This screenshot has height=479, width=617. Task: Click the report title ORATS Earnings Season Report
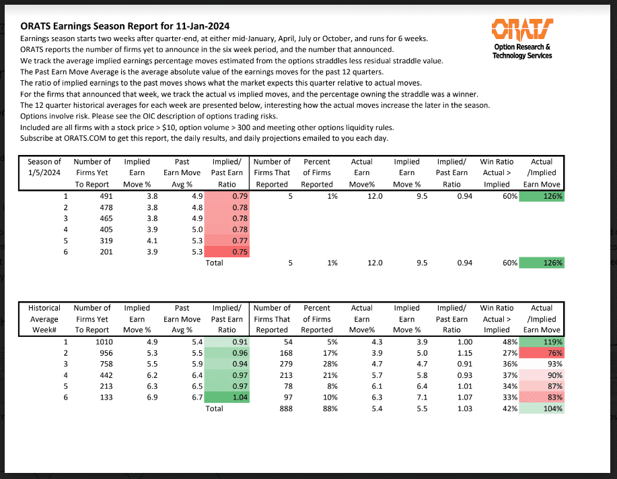tap(125, 26)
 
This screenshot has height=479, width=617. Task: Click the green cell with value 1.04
tap(228, 397)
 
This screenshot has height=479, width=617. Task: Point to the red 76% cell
tap(542, 352)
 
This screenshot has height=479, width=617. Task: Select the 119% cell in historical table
tap(542, 342)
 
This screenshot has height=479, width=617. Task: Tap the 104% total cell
tap(542, 408)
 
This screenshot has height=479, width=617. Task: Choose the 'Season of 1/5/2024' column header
tap(44, 172)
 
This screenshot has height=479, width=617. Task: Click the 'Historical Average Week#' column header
tap(44, 319)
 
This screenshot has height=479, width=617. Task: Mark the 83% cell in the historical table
tap(542, 397)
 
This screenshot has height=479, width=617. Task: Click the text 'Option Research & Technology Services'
tap(522, 51)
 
